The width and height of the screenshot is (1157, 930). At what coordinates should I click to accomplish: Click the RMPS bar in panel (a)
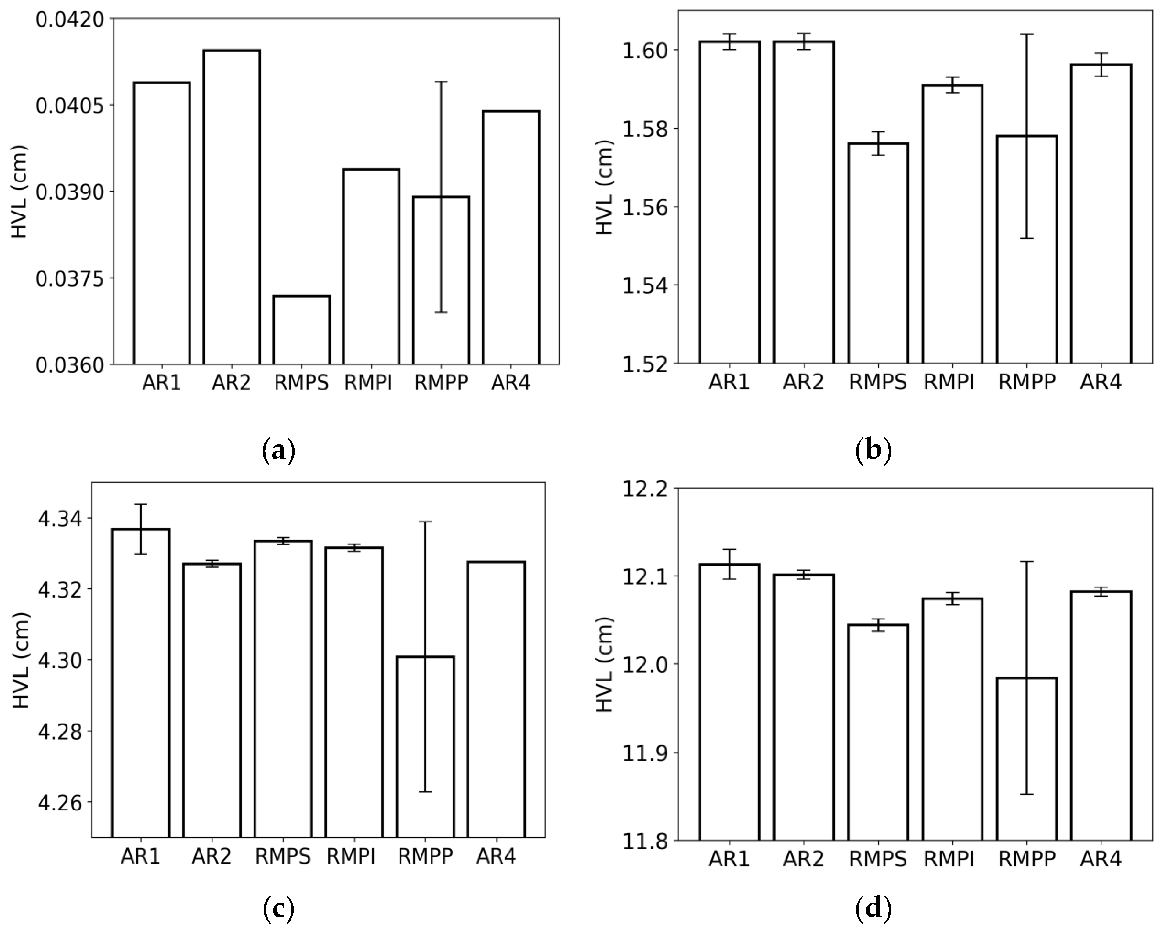tap(301, 330)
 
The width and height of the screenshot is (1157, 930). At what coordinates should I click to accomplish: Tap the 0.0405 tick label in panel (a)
tap(70, 105)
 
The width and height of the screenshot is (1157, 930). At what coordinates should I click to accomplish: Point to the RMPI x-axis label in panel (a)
tap(368, 383)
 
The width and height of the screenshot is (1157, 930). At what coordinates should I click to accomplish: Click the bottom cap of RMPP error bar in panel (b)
tap(1027, 238)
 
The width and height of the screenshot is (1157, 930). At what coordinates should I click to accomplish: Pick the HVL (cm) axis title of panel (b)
tap(605, 187)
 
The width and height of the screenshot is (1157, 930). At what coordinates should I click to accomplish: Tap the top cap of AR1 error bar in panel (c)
tap(141, 504)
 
